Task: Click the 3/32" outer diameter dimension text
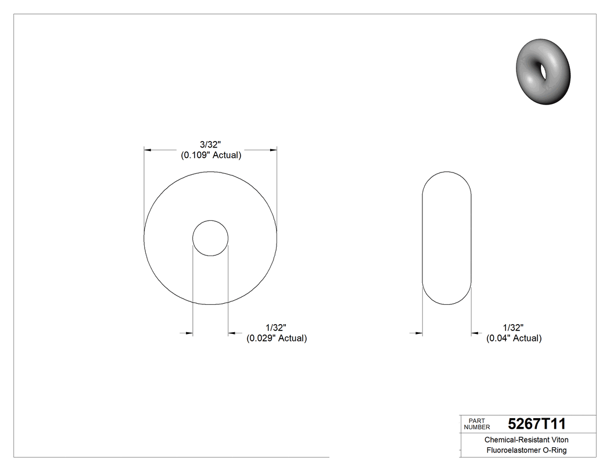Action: [210, 144]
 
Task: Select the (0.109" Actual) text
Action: [210, 155]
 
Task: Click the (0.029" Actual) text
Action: [277, 338]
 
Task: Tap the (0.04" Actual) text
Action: [514, 338]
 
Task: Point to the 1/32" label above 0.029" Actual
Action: [277, 328]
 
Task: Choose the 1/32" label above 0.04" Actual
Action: [514, 328]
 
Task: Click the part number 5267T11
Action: [536, 423]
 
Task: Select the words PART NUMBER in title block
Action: [476, 424]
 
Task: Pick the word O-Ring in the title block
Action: [555, 451]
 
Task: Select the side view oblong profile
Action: [446, 238]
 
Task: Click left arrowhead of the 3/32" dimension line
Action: [148, 150]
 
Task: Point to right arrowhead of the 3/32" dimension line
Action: [273, 150]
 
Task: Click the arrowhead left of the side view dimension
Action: [419, 333]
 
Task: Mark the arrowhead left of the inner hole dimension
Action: [189, 333]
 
